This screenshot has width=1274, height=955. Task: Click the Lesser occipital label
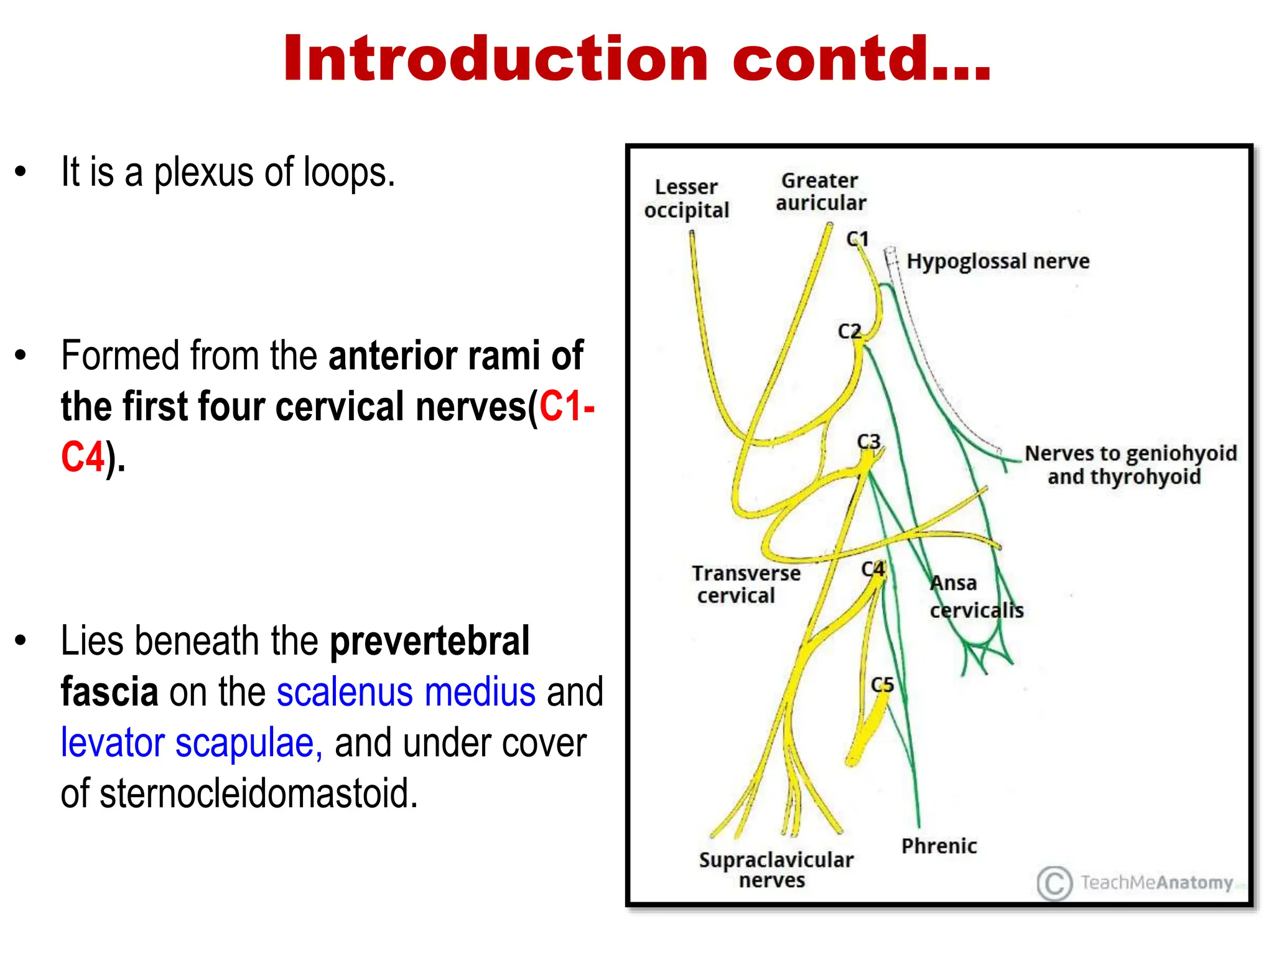click(686, 198)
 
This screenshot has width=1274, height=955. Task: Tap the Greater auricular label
click(820, 191)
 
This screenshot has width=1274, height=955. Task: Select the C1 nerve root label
click(857, 239)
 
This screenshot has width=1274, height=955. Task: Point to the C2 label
click(849, 331)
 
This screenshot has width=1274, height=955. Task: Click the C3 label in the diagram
click(868, 441)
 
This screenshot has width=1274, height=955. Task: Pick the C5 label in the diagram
click(882, 685)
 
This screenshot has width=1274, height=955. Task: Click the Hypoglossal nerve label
click(998, 261)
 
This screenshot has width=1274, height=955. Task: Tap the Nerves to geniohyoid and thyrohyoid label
click(1130, 465)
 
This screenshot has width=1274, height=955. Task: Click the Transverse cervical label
click(745, 584)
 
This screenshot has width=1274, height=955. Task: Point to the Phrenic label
click(939, 846)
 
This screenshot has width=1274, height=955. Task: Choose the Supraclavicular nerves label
click(775, 870)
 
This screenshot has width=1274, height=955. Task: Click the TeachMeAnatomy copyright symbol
click(1054, 883)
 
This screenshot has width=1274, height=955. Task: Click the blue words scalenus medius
click(406, 692)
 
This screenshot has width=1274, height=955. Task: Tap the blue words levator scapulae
click(192, 743)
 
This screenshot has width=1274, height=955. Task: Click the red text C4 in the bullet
click(82, 458)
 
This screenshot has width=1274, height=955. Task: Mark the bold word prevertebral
click(429, 641)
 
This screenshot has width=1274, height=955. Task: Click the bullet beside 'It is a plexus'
click(21, 172)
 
